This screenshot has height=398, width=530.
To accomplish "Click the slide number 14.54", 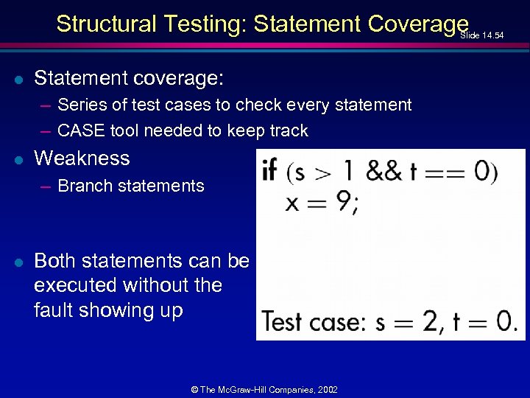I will tap(487, 35).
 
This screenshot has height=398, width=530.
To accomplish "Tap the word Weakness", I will tap(82, 158).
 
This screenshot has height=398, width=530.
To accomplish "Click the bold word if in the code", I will tap(269, 171).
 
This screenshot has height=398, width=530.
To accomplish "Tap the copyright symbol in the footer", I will tap(195, 389).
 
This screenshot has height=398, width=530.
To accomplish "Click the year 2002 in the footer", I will tap(327, 389).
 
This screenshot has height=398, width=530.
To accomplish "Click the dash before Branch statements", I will tap(46, 186).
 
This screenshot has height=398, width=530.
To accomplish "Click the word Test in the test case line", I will tap(282, 321).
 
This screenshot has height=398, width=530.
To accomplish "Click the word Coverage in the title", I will tap(418, 24).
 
